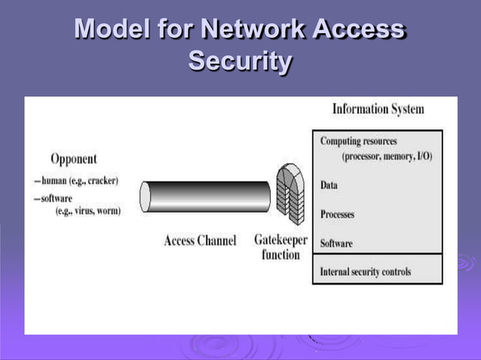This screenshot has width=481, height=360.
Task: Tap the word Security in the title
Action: (240, 61)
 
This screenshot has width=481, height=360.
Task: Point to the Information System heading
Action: (378, 109)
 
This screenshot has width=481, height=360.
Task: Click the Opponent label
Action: (73, 159)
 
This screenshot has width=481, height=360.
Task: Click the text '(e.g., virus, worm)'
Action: (88, 211)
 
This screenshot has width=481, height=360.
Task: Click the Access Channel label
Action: (200, 241)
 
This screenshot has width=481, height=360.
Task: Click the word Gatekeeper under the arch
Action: (280, 240)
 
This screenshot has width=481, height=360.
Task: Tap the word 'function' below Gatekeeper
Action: (280, 255)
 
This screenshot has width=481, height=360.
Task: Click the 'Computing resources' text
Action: (359, 141)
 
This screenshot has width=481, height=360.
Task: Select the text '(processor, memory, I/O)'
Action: (387, 156)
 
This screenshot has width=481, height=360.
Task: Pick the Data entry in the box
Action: (329, 185)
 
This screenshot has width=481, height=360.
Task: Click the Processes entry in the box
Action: (337, 214)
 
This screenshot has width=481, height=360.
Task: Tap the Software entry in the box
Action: (336, 243)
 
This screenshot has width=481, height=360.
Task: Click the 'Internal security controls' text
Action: (366, 271)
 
